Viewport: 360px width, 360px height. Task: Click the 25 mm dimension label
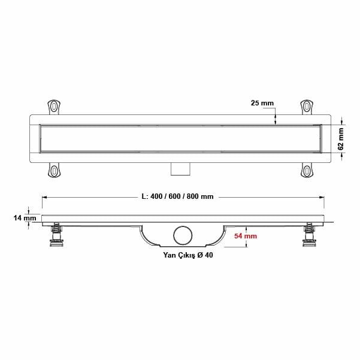(x=262, y=104)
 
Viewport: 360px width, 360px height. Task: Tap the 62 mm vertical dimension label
(x=341, y=138)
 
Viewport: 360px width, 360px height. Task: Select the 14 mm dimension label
(x=25, y=219)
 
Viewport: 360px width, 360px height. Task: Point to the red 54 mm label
(x=246, y=237)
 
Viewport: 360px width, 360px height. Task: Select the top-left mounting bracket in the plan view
(x=55, y=107)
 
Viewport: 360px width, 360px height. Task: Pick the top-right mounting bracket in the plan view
(x=306, y=107)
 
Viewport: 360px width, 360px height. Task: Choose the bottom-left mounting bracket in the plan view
(x=55, y=171)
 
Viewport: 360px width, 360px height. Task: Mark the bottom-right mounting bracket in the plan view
(x=306, y=171)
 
